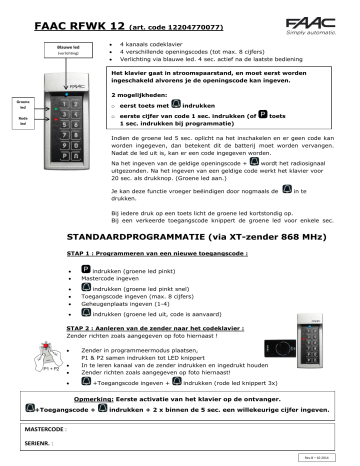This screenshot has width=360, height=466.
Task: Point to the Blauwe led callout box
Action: pos(68,46)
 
